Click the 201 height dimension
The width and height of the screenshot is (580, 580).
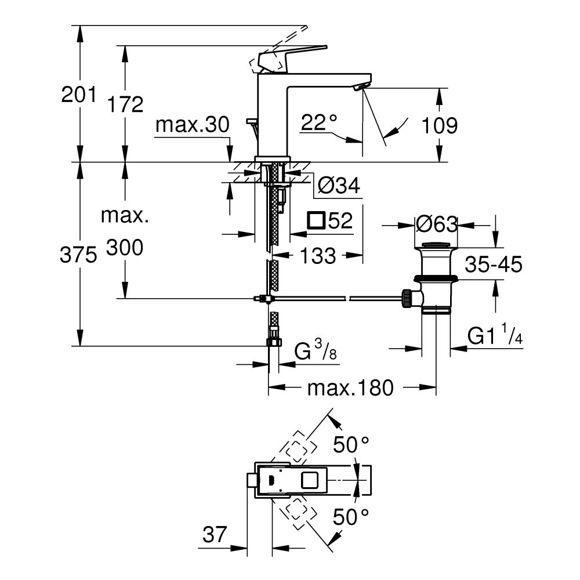[78, 94]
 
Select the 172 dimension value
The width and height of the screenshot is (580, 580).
[125, 104]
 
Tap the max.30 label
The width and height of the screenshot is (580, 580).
[193, 124]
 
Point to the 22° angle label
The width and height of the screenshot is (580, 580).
[319, 122]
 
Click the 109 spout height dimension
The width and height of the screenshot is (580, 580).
[440, 125]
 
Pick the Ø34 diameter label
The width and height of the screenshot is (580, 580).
[339, 186]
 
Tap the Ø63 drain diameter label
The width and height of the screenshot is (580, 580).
[437, 224]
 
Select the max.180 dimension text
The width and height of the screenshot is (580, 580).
[350, 387]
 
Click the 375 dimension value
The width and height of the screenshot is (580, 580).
[78, 255]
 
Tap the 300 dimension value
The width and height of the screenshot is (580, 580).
[125, 248]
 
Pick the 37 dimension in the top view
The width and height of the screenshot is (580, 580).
[215, 535]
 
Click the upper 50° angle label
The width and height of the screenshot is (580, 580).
[351, 445]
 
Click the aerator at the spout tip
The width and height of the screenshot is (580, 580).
[360, 86]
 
